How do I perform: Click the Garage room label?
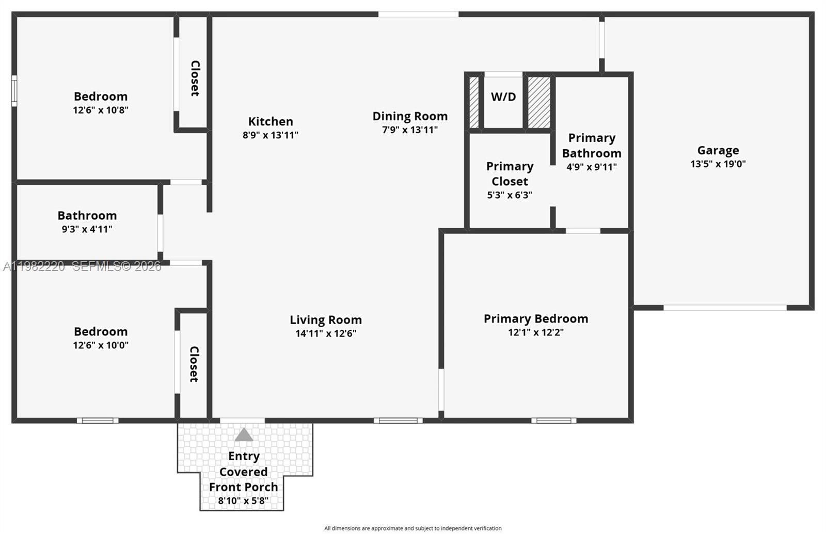(718, 150)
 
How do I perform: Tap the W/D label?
(503, 97)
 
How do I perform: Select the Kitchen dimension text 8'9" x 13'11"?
(271, 135)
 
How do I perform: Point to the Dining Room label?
(410, 116)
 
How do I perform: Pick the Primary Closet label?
(510, 174)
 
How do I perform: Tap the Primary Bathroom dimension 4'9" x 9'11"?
(592, 167)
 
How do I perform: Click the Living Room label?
(325, 320)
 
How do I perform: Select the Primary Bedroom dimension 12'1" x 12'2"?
(536, 332)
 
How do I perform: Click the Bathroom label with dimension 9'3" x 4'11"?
(87, 215)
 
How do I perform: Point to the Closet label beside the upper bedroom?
(195, 78)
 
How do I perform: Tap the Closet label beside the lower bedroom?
(194, 364)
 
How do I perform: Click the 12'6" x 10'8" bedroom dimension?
(101, 110)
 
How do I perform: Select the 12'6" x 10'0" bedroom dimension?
(101, 345)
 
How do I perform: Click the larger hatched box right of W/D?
(539, 102)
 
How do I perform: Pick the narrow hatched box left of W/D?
(474, 102)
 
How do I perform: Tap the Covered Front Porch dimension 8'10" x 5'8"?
(243, 500)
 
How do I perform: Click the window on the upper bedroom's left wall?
(14, 91)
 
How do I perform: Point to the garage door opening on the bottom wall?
(725, 308)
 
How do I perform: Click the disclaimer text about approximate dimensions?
(412, 528)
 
